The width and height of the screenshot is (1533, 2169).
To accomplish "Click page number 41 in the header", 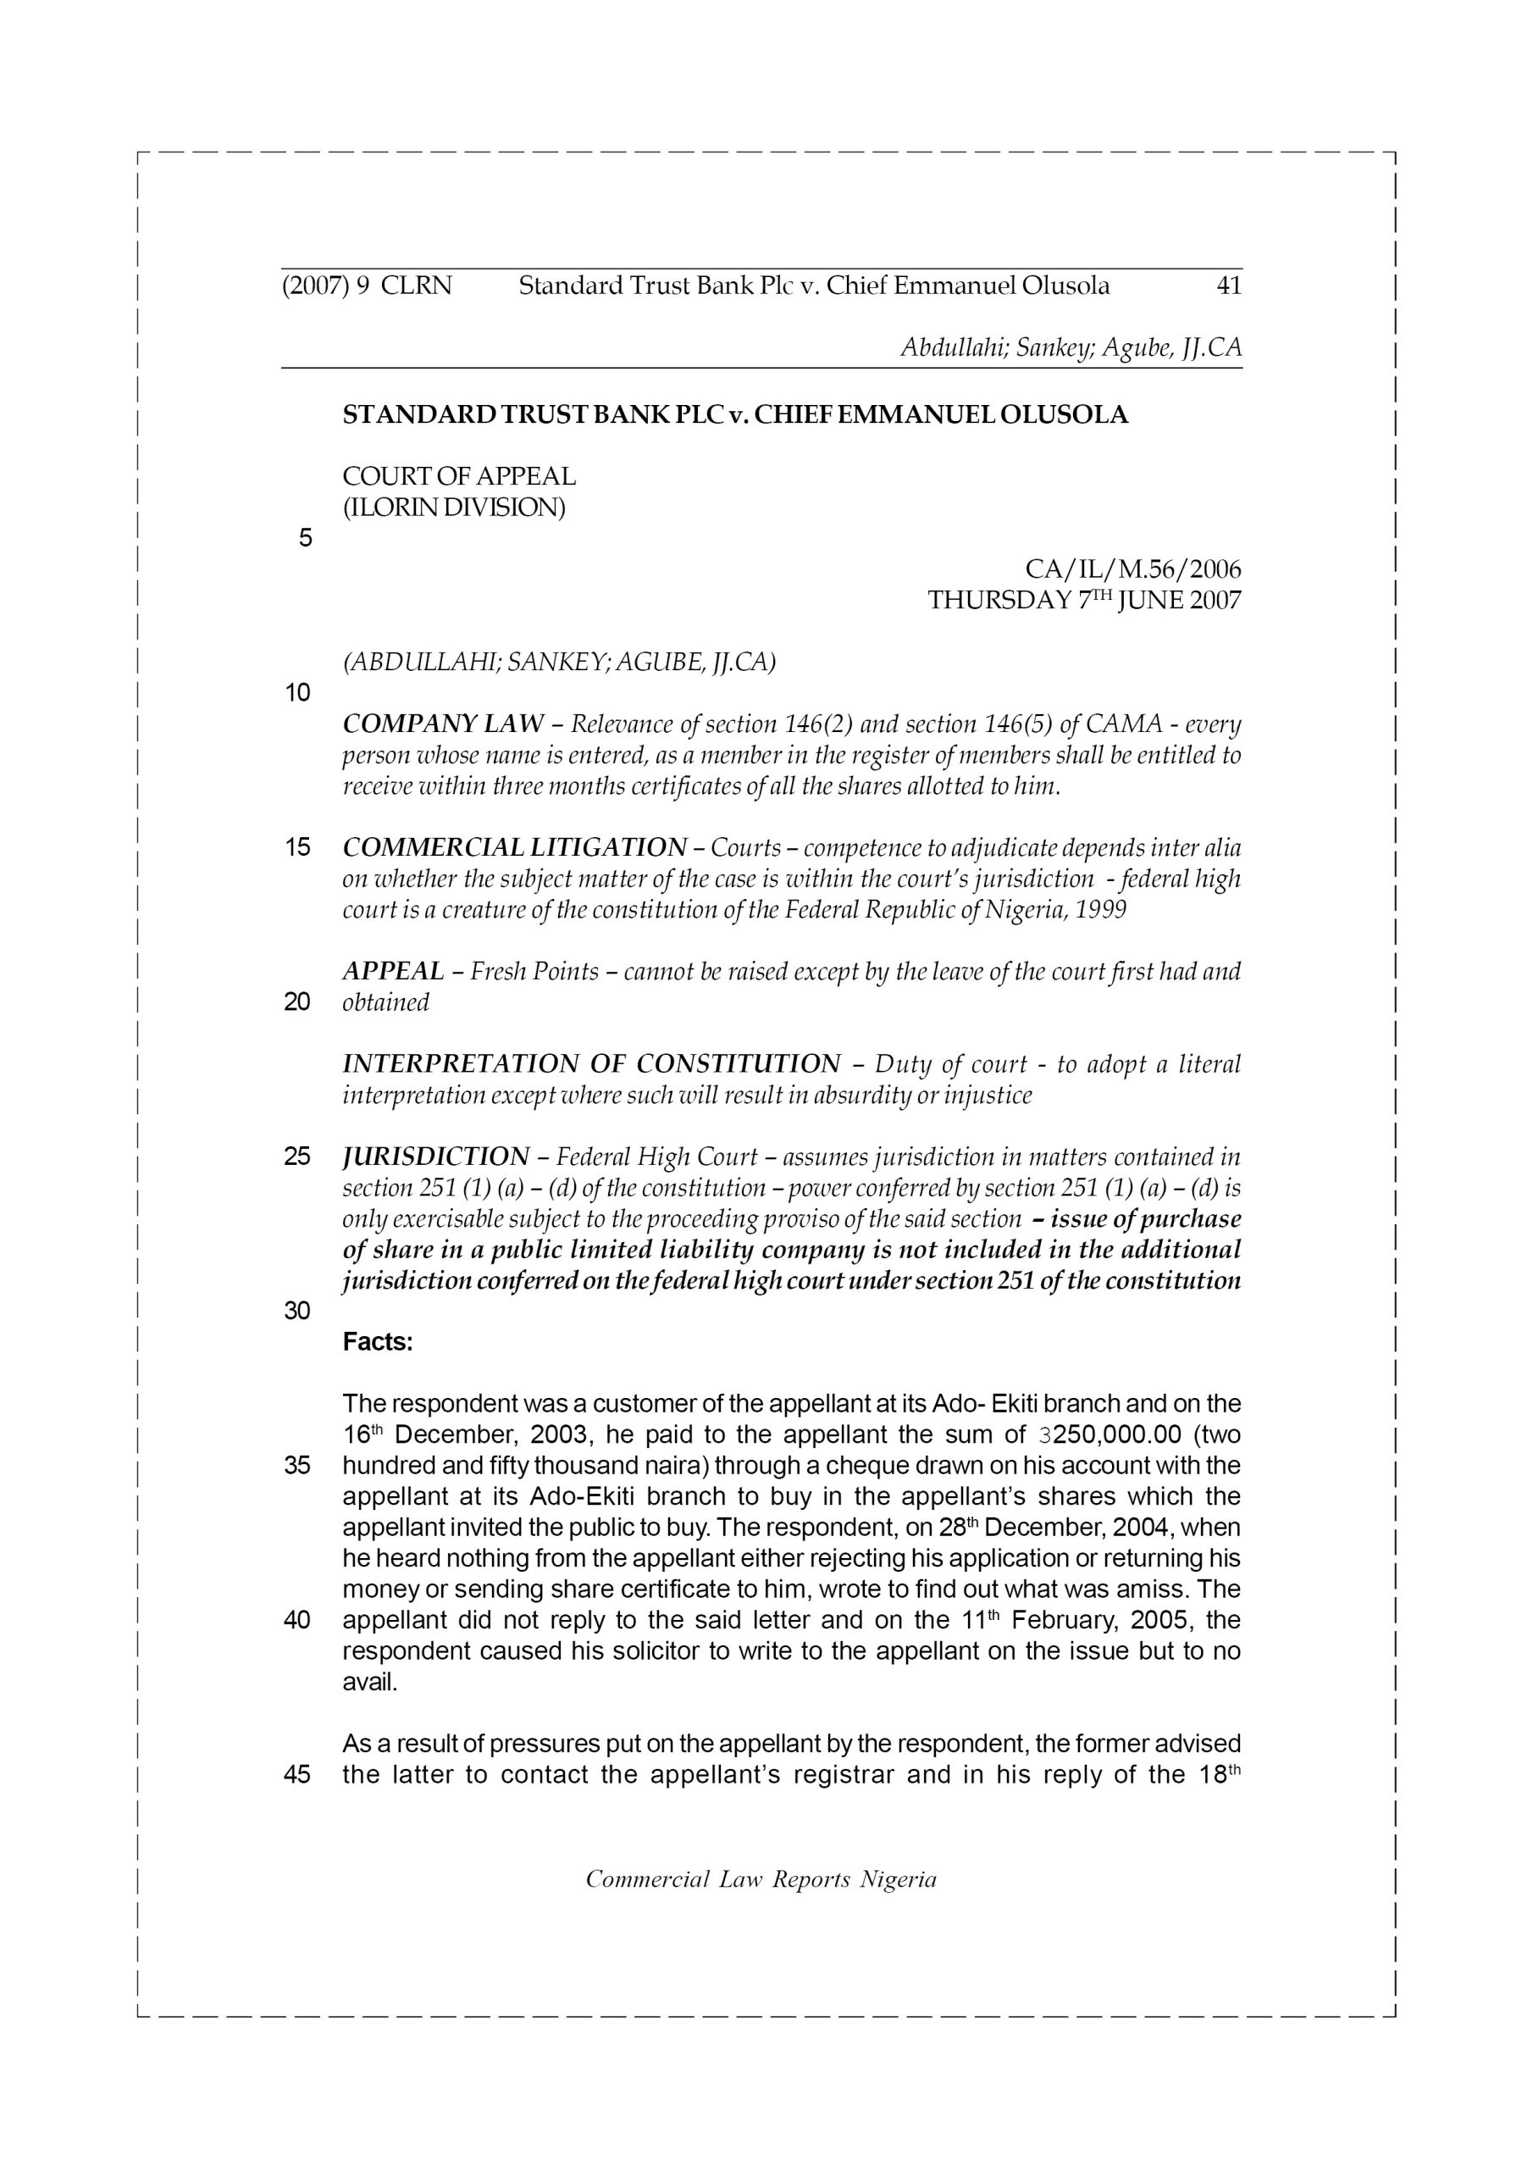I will point(1228,286).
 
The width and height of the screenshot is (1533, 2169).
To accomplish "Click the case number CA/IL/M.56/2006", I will point(1132,569).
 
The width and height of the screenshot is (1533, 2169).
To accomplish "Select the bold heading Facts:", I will point(378,1341).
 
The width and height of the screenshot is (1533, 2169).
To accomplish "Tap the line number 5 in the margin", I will point(304,539).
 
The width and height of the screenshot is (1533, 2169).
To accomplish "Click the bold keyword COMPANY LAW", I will point(443,724).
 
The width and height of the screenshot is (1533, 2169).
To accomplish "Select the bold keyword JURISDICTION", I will point(435,1157).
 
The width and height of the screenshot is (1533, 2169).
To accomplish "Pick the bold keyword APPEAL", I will point(393,971).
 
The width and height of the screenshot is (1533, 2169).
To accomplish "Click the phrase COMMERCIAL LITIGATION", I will point(515,847).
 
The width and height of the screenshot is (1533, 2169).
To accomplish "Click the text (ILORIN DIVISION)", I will point(453,508).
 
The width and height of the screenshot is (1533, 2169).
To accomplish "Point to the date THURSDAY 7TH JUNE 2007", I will point(1084,601).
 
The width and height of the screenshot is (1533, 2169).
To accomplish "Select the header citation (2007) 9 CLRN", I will point(368,286).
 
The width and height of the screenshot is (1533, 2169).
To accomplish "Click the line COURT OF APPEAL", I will point(459,477).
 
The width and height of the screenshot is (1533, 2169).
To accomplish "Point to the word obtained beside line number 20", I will point(385,1002).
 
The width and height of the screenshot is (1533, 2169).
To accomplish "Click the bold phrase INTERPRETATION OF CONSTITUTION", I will point(591,1065).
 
